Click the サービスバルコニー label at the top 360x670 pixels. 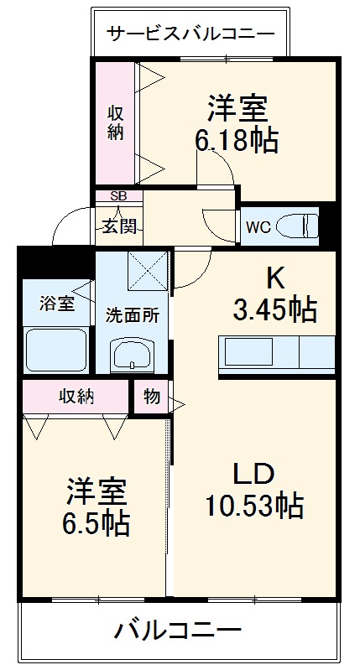click(190, 34)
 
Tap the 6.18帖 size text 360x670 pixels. click(237, 141)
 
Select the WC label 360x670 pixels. click(258, 226)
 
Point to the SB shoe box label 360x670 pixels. click(119, 196)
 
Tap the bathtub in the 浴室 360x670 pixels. click(56, 350)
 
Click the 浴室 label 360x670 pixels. click(56, 304)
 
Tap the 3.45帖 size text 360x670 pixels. click(274, 310)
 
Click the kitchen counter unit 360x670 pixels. click(276, 353)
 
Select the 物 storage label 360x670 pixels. click(151, 397)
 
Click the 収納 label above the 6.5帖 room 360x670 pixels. click(76, 396)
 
